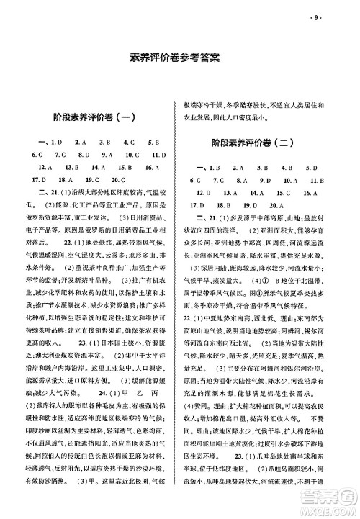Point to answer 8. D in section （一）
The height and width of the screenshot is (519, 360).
click(x=86, y=153)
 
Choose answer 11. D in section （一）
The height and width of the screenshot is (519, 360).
click(x=156, y=153)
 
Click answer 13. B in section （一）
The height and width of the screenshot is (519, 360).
click(x=65, y=166)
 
